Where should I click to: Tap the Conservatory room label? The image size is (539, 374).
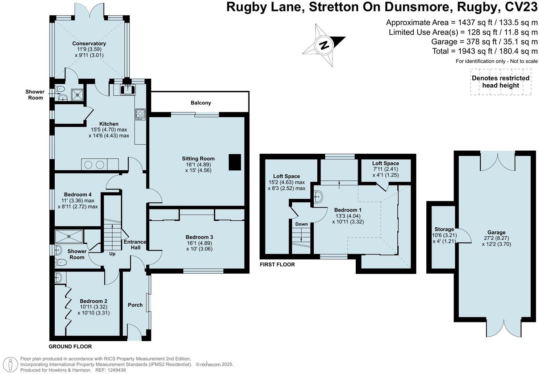(x=89, y=44)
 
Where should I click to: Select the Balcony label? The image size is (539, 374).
(x=201, y=103)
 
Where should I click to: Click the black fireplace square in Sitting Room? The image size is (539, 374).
(x=235, y=162)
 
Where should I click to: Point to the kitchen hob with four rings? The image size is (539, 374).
(x=140, y=114)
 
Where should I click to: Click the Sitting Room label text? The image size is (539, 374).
(x=198, y=159)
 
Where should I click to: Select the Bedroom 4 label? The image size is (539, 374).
(x=78, y=195)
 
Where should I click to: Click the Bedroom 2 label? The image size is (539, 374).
(x=93, y=301)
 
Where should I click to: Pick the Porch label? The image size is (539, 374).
(x=135, y=305)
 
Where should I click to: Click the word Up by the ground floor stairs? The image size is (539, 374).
(x=112, y=254)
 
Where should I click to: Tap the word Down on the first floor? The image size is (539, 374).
(x=301, y=224)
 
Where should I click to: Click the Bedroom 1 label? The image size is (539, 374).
(x=348, y=210)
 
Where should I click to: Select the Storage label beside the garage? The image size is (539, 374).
(x=444, y=229)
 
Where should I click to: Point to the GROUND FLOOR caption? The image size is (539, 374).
(x=70, y=346)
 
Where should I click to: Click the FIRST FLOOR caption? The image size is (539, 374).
(x=277, y=265)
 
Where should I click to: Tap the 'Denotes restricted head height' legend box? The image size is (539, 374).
(x=501, y=82)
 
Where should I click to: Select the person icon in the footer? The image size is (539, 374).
(x=12, y=364)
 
